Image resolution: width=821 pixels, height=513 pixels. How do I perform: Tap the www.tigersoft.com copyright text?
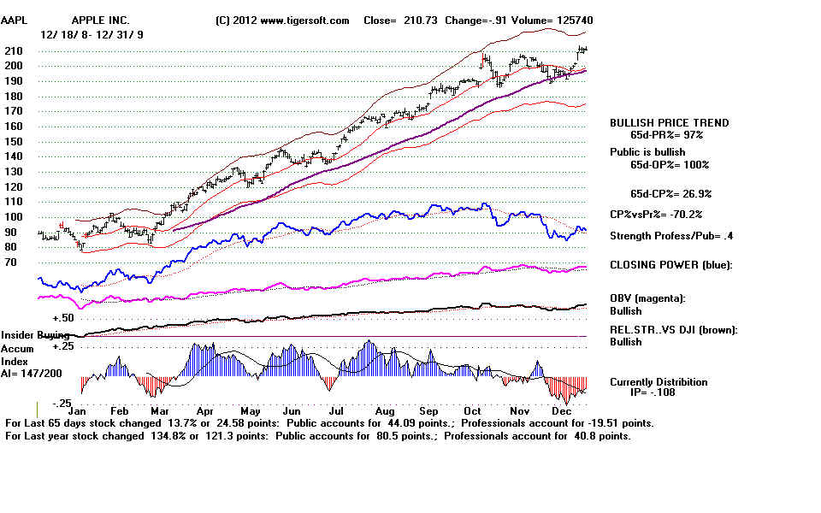coord(282,20)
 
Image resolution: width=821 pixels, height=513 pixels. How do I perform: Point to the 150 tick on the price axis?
coord(15,141)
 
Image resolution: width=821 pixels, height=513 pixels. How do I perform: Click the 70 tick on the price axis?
coord(12,262)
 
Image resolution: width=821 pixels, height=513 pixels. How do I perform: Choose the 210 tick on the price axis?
coord(15,50)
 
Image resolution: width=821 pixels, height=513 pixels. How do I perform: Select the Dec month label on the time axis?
coord(562,411)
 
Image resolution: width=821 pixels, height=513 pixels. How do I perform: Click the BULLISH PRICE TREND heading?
coord(669,123)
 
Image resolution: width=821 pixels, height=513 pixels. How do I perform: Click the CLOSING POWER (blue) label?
coord(670,265)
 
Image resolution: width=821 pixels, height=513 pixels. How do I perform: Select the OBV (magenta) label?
coord(649,298)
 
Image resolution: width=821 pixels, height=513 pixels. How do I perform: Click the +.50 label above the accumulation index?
coord(65,317)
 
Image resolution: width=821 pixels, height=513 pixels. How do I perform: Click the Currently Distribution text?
coord(659,382)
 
